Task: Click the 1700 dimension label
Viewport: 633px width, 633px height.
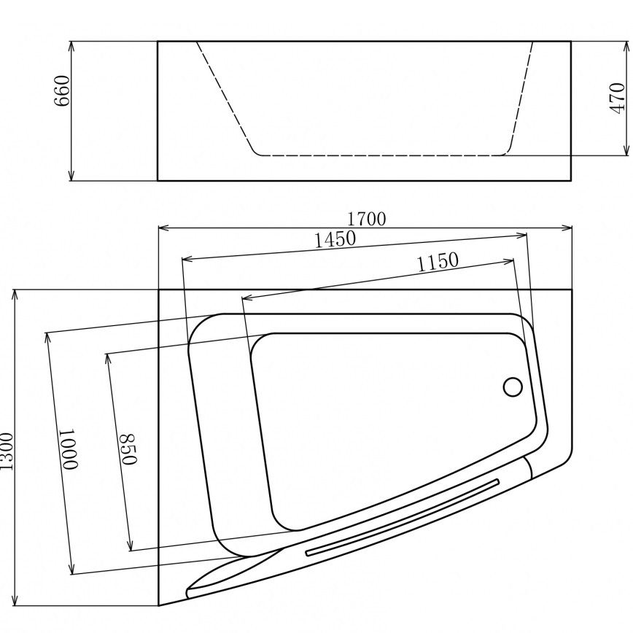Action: pyautogui.click(x=367, y=219)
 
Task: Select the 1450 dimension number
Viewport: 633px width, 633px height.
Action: pyautogui.click(x=335, y=239)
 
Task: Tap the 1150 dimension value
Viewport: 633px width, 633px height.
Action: pyautogui.click(x=438, y=262)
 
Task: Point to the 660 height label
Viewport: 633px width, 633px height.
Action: pyautogui.click(x=63, y=91)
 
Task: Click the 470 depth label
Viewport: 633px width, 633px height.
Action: pyautogui.click(x=616, y=98)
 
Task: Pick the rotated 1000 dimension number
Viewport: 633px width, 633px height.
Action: pyautogui.click(x=68, y=449)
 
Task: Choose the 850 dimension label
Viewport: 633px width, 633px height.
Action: pyautogui.click(x=128, y=449)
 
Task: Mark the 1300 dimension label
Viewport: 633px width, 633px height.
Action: pyautogui.click(x=7, y=451)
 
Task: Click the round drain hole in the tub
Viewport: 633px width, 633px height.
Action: pyautogui.click(x=513, y=387)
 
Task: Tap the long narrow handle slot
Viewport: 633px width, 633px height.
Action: pyautogui.click(x=403, y=518)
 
